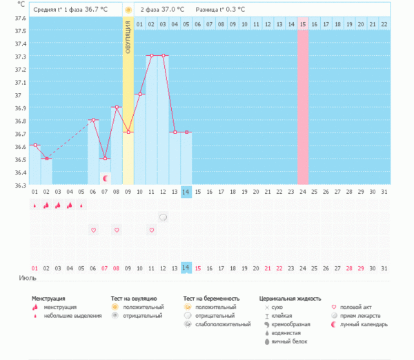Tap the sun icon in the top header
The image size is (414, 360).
click(x=128, y=10)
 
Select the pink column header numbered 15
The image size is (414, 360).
click(x=303, y=24)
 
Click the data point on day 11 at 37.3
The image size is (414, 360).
click(x=151, y=55)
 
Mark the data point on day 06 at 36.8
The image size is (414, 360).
click(x=93, y=120)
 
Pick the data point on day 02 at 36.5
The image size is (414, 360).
click(x=46, y=159)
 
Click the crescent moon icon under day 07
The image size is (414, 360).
click(x=105, y=178)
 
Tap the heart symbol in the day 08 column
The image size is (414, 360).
click(x=117, y=230)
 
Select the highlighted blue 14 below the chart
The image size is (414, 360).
click(x=186, y=268)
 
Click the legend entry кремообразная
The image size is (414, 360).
click(x=290, y=324)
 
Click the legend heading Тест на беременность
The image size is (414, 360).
click(x=217, y=299)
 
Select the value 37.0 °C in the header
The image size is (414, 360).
click(x=172, y=10)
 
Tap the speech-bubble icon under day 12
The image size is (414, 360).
click(x=164, y=217)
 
